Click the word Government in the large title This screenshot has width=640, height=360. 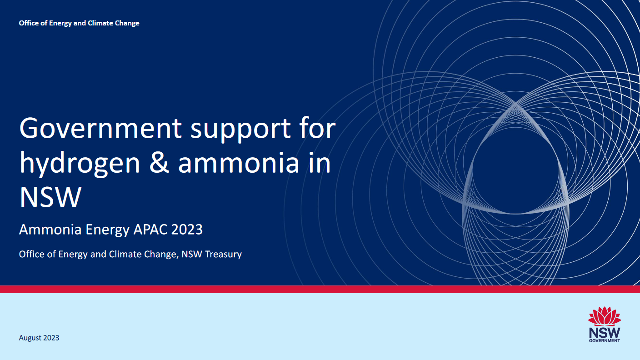click(100, 128)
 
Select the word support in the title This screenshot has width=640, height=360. click(240, 130)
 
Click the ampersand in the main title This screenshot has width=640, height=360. click(159, 163)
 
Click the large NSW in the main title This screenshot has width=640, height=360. click(50, 197)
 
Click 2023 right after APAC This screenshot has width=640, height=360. click(187, 230)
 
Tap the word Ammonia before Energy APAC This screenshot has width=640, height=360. click(50, 230)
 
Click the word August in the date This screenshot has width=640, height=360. click(30, 338)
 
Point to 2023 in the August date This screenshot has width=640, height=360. click(51, 338)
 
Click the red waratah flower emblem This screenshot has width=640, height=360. click(604, 316)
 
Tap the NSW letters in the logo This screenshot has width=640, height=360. click(605, 333)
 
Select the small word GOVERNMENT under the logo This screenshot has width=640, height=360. click(605, 340)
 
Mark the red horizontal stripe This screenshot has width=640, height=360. click(320, 289)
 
